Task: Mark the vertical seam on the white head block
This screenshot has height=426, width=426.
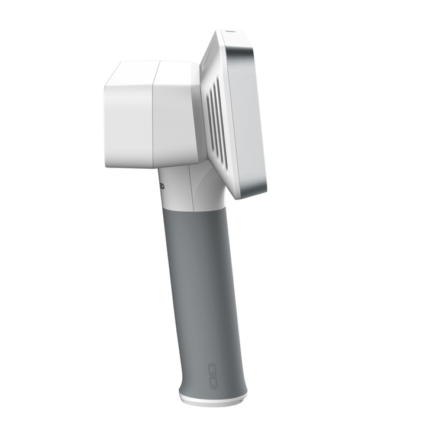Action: coord(155,115)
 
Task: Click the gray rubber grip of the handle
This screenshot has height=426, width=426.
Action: coord(201,284)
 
